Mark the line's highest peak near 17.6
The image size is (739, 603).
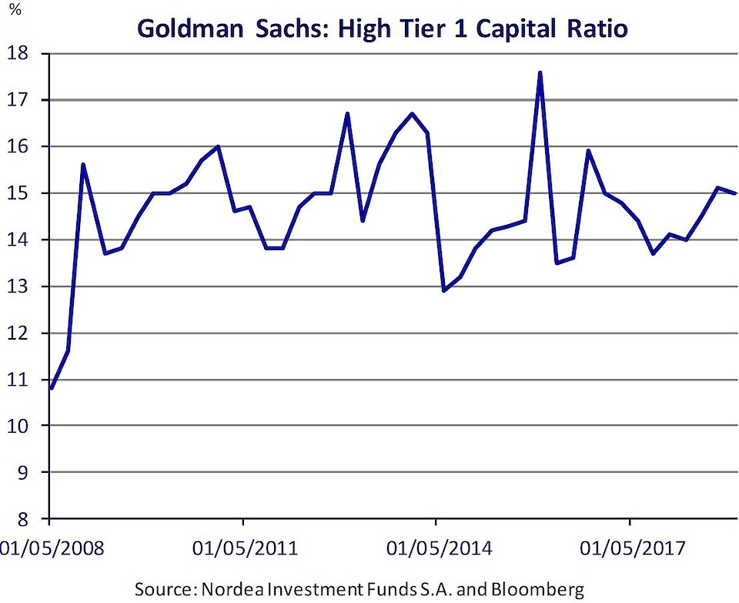pos(540,72)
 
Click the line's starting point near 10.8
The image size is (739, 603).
pos(51,388)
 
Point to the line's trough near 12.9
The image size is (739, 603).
pos(444,290)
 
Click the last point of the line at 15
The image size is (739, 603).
pos(735,193)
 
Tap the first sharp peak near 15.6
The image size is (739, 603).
pos(83,164)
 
